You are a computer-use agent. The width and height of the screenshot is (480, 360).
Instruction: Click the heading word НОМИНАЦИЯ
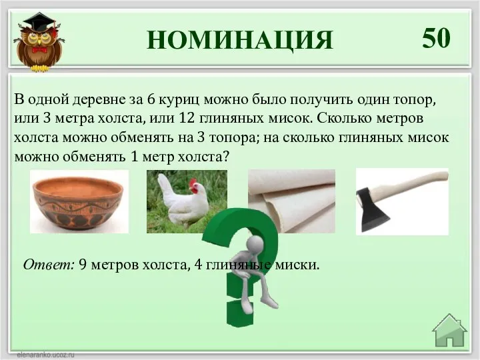point(240,40)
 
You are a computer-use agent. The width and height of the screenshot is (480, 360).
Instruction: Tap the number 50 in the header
point(437,39)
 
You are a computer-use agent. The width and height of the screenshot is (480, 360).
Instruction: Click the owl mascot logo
point(38,41)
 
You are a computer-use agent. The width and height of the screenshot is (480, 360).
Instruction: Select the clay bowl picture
point(79,201)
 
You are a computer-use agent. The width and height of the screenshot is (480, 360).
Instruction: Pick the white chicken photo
point(187,201)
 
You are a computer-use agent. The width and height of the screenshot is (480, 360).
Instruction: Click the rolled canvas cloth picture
point(291,201)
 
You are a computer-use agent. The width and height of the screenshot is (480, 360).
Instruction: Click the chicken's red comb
point(194,183)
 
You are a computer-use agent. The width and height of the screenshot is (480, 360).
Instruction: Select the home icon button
point(449,331)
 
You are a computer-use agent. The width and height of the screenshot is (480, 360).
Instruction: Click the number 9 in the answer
point(82,265)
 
